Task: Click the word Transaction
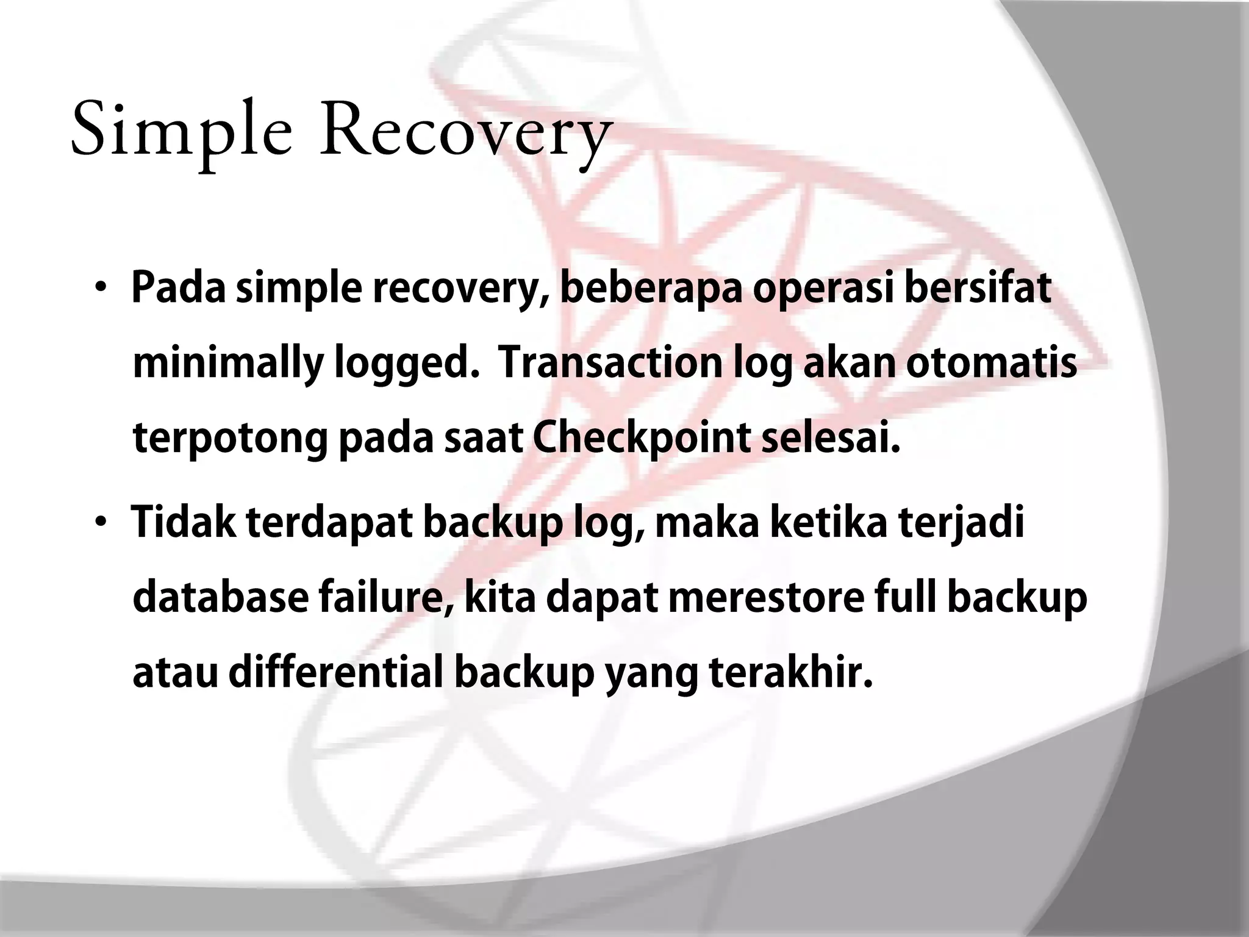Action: pos(610,362)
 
